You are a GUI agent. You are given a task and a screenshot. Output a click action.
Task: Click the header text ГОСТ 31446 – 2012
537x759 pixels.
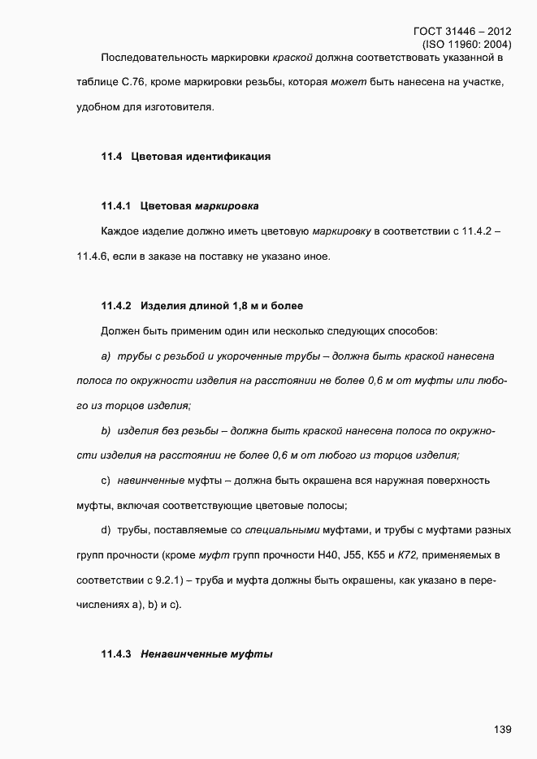click(x=462, y=32)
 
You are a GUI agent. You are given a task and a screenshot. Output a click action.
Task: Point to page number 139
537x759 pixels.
click(x=502, y=730)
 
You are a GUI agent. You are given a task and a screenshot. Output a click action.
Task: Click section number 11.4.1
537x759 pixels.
click(x=116, y=206)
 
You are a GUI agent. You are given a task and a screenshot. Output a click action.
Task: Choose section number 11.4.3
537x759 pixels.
click(x=116, y=653)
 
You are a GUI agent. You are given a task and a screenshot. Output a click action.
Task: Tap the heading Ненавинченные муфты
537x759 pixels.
click(x=206, y=653)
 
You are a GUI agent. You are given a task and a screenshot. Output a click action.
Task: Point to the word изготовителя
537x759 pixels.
click(x=179, y=106)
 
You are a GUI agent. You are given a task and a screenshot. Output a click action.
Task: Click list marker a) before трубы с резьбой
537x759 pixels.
click(x=106, y=356)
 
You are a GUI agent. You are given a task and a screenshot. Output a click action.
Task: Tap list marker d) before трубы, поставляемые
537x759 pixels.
click(x=106, y=530)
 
